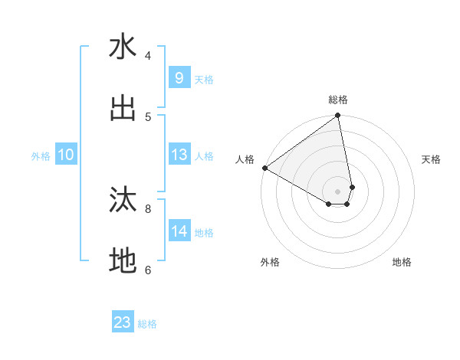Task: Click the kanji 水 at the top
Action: point(123,47)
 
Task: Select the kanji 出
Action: point(123,108)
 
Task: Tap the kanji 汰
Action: point(123,200)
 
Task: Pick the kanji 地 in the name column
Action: point(123,261)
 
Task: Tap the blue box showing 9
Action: point(179,78)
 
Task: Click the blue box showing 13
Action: point(179,155)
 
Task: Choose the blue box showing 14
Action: point(179,231)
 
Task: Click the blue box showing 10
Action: point(66,155)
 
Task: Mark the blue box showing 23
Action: point(123,322)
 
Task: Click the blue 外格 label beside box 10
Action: point(41,156)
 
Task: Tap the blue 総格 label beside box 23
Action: point(147,324)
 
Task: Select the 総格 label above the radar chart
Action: point(338,100)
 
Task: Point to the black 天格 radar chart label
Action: point(431,159)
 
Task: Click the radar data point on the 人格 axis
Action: point(264,168)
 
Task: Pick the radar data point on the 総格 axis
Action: point(338,116)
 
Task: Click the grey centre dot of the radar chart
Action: point(338,191)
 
